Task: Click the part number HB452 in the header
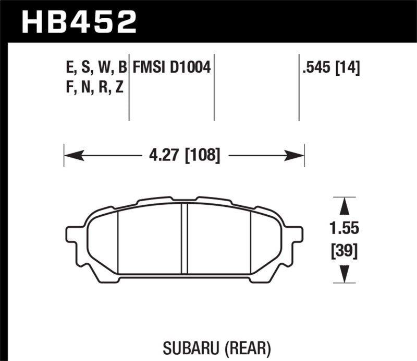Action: [x=78, y=22]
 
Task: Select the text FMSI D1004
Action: [x=171, y=67]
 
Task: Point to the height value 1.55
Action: [x=345, y=229]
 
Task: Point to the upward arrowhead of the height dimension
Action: [x=344, y=205]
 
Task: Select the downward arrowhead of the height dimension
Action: [x=344, y=274]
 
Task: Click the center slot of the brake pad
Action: [x=184, y=238]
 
